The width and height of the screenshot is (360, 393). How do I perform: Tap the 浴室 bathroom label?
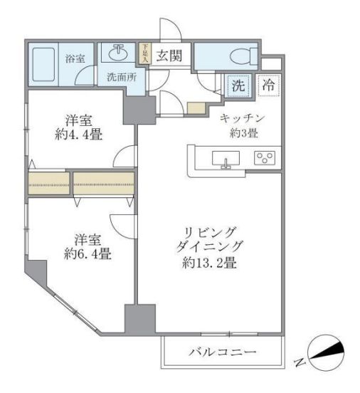(73, 59)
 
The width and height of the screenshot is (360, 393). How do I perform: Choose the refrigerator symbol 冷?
(270, 85)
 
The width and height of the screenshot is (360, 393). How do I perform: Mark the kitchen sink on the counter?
(227, 159)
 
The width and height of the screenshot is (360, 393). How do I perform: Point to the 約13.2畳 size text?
(209, 263)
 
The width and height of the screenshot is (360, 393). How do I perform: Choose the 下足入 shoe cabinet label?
(144, 54)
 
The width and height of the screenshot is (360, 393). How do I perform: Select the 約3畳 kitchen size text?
(244, 134)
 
